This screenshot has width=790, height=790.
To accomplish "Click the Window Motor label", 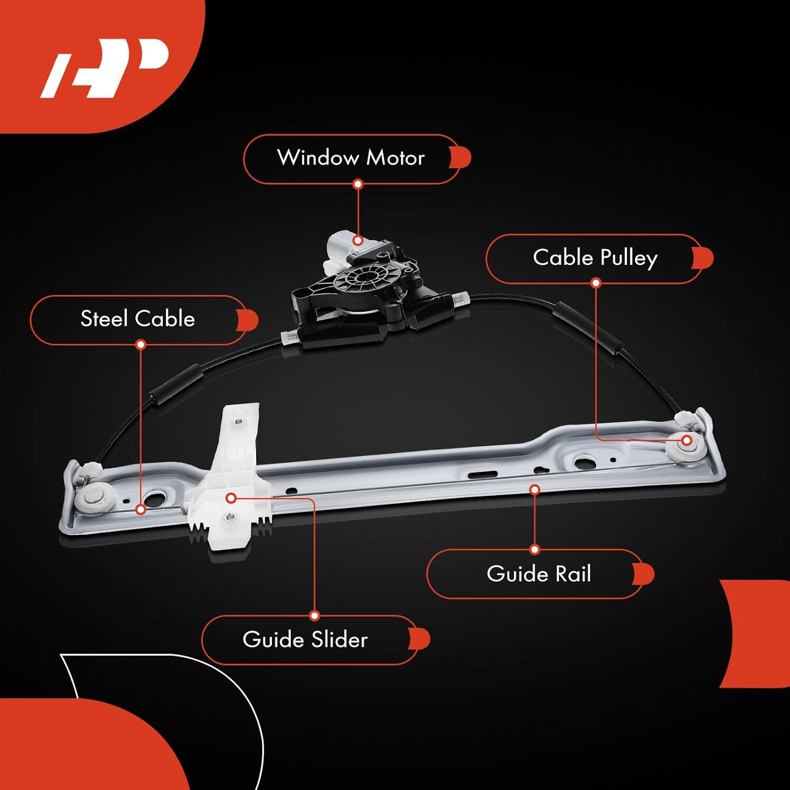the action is coord(351,158).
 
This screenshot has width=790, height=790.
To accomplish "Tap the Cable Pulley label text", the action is coord(595,258).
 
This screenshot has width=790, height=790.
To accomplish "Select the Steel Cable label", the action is coord(138,319).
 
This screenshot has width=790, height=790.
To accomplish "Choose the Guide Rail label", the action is coord(538,574).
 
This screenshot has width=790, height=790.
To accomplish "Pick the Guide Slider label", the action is coord(305,639).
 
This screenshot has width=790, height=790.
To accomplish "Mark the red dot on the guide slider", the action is coord(231,498).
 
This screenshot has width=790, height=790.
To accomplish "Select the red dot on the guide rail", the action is coord(535,490).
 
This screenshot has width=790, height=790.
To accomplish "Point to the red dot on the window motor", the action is coord(358,241).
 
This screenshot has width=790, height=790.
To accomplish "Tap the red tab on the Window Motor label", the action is coord(461,158).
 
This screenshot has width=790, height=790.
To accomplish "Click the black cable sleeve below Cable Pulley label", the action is coord(587,327).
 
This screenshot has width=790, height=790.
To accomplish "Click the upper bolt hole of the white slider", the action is coord(238,421).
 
